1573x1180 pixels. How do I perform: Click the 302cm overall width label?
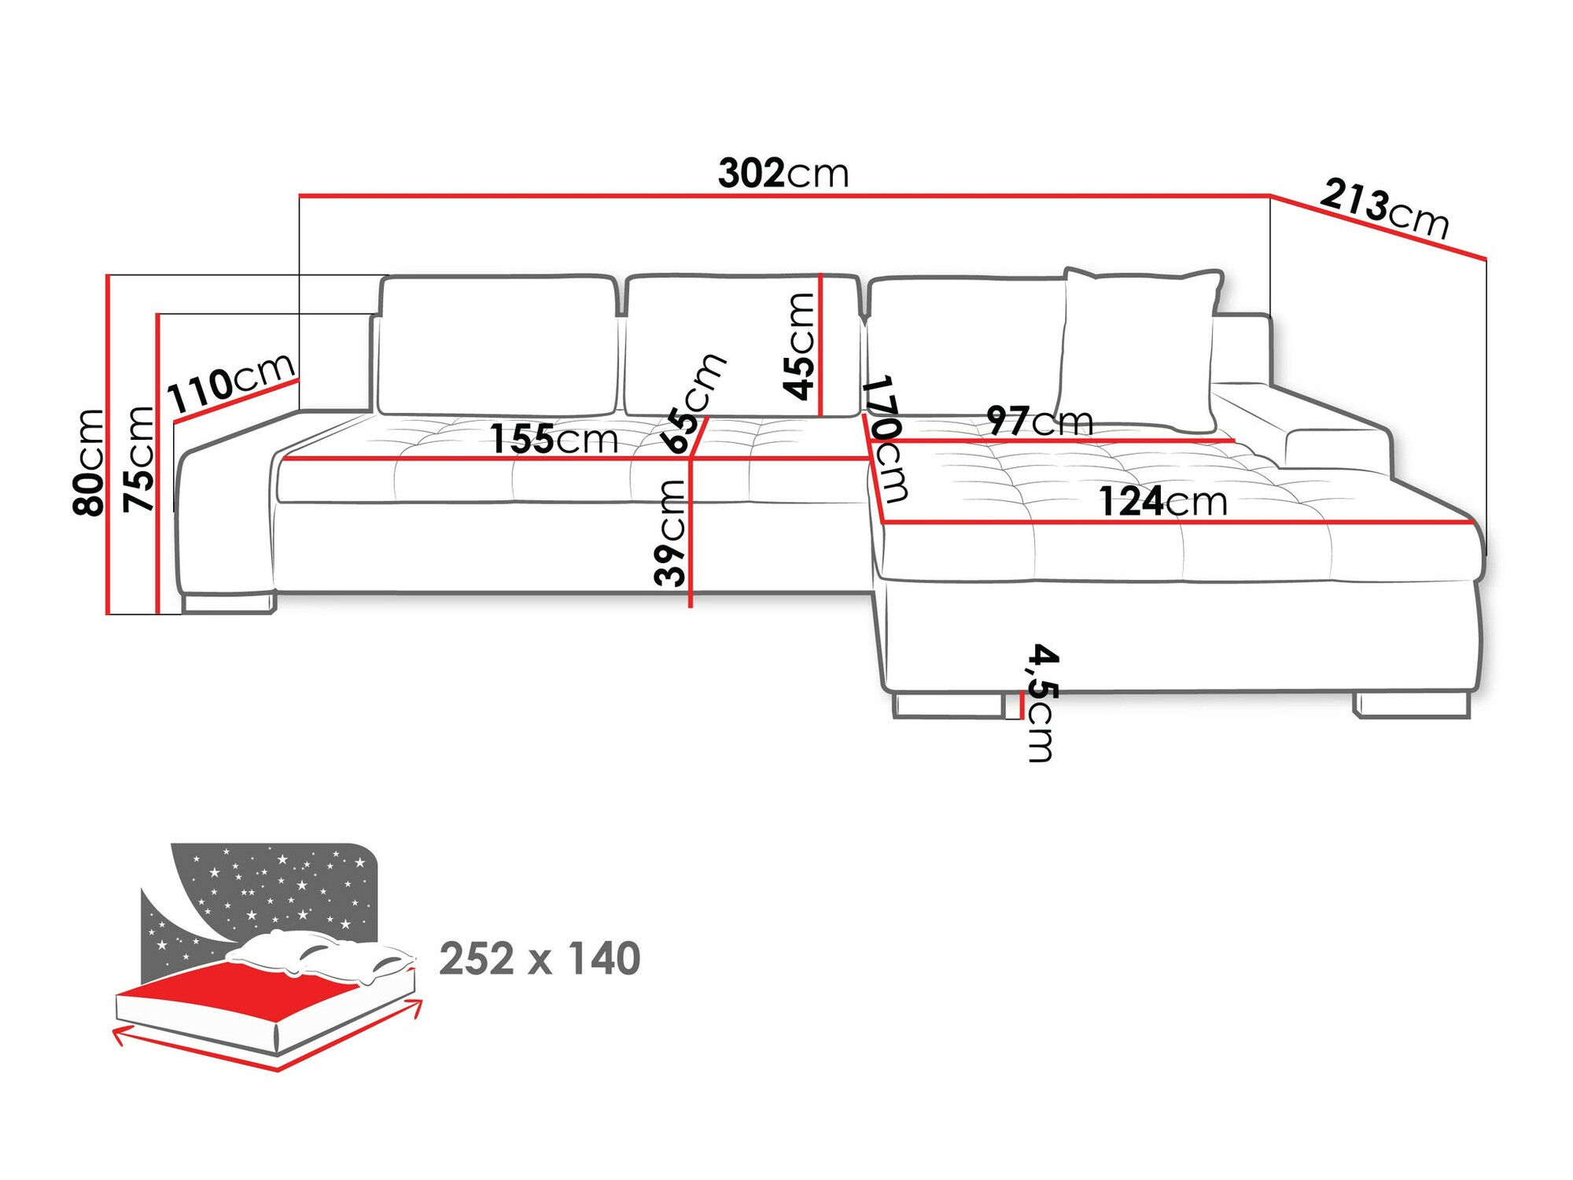[783, 173]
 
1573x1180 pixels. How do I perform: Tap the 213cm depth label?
[1384, 208]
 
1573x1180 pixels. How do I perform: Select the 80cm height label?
[88, 462]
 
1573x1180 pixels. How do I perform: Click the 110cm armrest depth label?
[231, 384]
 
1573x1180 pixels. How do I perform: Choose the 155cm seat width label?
[554, 439]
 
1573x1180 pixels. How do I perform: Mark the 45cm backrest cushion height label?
[799, 346]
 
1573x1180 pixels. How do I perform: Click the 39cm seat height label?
[670, 533]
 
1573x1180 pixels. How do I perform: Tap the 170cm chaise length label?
[886, 439]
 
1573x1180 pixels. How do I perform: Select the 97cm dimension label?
[1040, 421]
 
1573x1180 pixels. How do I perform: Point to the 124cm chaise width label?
[1162, 502]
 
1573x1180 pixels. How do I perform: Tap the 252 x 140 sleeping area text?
[540, 959]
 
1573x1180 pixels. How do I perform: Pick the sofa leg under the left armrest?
[228, 603]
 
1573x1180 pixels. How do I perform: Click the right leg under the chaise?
[1413, 705]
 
